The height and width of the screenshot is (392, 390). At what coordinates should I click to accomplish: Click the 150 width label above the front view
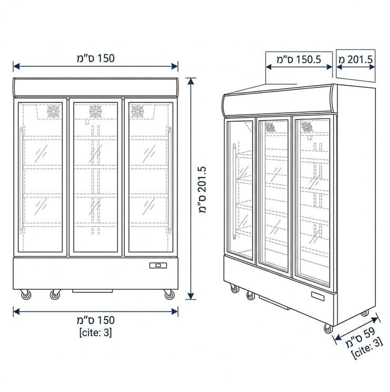(95, 58)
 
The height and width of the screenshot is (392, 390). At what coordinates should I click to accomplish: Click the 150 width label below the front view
(95, 320)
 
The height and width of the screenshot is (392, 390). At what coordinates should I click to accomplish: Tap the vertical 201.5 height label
(203, 190)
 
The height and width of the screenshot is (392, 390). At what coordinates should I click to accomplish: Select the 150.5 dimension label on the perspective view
(298, 60)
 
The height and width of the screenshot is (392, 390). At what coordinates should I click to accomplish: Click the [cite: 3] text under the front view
(95, 332)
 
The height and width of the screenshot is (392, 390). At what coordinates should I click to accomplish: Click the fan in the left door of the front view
(54, 111)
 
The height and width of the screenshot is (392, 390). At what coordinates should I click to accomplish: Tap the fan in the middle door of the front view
(95, 111)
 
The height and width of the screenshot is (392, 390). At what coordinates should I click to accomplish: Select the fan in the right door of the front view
(137, 111)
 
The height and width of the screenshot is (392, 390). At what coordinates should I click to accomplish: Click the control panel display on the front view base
(158, 265)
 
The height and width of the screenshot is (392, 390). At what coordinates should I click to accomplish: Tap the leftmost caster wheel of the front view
(26, 295)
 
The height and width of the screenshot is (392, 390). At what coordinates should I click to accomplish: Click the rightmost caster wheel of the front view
(169, 295)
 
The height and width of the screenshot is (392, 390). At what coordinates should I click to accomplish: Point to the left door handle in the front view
(22, 180)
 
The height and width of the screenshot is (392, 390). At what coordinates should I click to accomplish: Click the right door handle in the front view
(170, 180)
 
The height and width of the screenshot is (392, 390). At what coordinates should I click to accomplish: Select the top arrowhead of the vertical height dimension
(191, 81)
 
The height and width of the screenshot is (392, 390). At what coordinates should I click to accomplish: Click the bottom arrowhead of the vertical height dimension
(191, 296)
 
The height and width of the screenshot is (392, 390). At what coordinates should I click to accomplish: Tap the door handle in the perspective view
(234, 191)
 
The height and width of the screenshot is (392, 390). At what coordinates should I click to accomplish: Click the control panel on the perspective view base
(318, 296)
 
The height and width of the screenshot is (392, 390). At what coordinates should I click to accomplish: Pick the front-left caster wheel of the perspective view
(234, 289)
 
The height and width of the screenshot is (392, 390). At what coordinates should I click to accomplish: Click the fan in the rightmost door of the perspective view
(306, 126)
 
